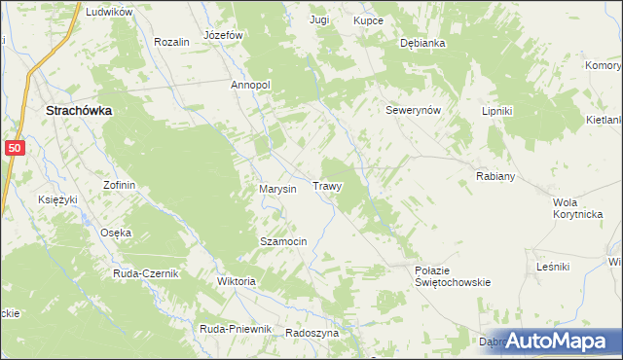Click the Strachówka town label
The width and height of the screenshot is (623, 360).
pyautogui.click(x=79, y=112)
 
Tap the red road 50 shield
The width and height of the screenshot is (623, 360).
pyautogui.click(x=14, y=147)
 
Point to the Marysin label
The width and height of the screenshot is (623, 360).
pyautogui.click(x=277, y=189)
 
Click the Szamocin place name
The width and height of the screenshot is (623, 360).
pyautogui.click(x=283, y=240)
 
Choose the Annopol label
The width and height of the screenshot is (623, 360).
pyautogui.click(x=250, y=86)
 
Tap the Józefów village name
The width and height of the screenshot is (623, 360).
pyautogui.click(x=223, y=34)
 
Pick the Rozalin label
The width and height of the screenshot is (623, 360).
pyautogui.click(x=171, y=43)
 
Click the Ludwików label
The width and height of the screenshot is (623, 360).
pyautogui.click(x=108, y=12)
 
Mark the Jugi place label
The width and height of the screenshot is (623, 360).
pyautogui.click(x=319, y=19)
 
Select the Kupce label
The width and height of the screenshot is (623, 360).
pyautogui.click(x=368, y=19)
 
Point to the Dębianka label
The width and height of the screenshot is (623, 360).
pyautogui.click(x=422, y=44)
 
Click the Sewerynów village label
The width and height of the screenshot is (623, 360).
pyautogui.click(x=414, y=110)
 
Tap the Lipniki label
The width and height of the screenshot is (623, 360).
pyautogui.click(x=496, y=111)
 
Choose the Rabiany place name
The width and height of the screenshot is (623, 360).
pyautogui.click(x=495, y=176)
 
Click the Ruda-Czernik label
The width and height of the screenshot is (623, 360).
pyautogui.click(x=146, y=273)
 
